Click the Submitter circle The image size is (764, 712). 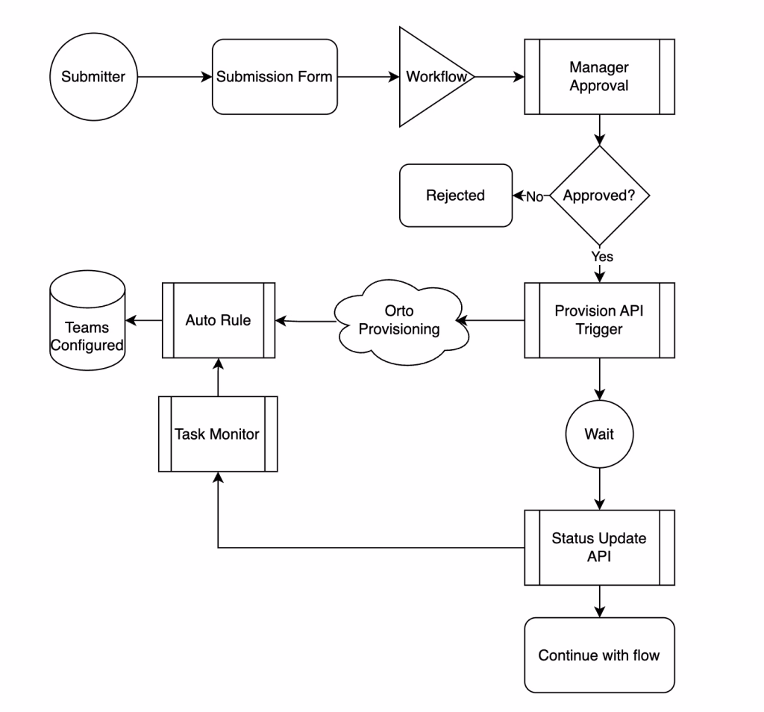point(93,77)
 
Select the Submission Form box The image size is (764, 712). point(274,77)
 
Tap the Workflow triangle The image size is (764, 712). point(433,77)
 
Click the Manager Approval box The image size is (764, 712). point(599,77)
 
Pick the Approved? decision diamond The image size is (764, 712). point(599,196)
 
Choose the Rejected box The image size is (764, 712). point(455,196)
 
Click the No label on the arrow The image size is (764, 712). point(534,196)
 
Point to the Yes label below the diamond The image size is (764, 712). point(601,256)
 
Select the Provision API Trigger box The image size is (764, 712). point(599,320)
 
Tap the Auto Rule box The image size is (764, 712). point(218,320)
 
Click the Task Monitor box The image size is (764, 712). point(218,434)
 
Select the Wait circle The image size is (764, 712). point(599,434)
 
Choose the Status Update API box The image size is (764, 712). point(599,547)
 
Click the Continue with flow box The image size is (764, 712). point(599,655)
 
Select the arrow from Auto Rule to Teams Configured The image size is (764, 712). point(143,320)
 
